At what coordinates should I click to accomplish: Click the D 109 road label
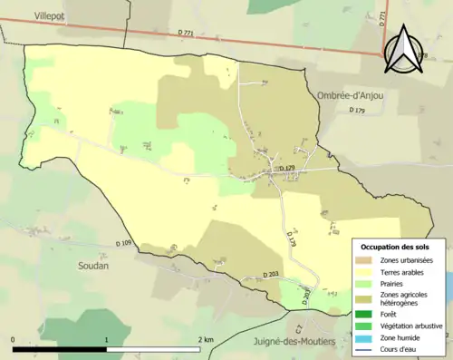click(x=124, y=243)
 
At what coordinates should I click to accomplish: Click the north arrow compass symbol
click(x=399, y=49)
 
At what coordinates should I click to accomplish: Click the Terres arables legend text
click(x=404, y=271)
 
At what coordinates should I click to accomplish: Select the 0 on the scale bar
click(x=13, y=339)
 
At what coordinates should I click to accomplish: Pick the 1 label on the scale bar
click(x=107, y=339)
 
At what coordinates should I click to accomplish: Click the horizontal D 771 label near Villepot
click(x=188, y=33)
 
